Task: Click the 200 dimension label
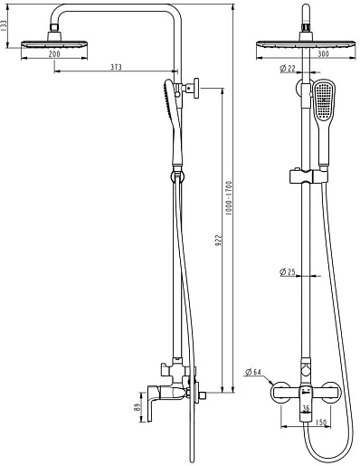(x=54, y=54)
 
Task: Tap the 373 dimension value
(x=116, y=67)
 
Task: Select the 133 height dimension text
(x=4, y=26)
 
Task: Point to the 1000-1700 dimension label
(x=229, y=197)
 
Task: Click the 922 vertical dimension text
(x=218, y=240)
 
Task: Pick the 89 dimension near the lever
(x=137, y=407)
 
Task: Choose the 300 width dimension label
(x=324, y=54)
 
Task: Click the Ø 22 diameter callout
(x=288, y=69)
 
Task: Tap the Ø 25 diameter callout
(x=288, y=272)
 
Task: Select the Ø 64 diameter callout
(x=253, y=372)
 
